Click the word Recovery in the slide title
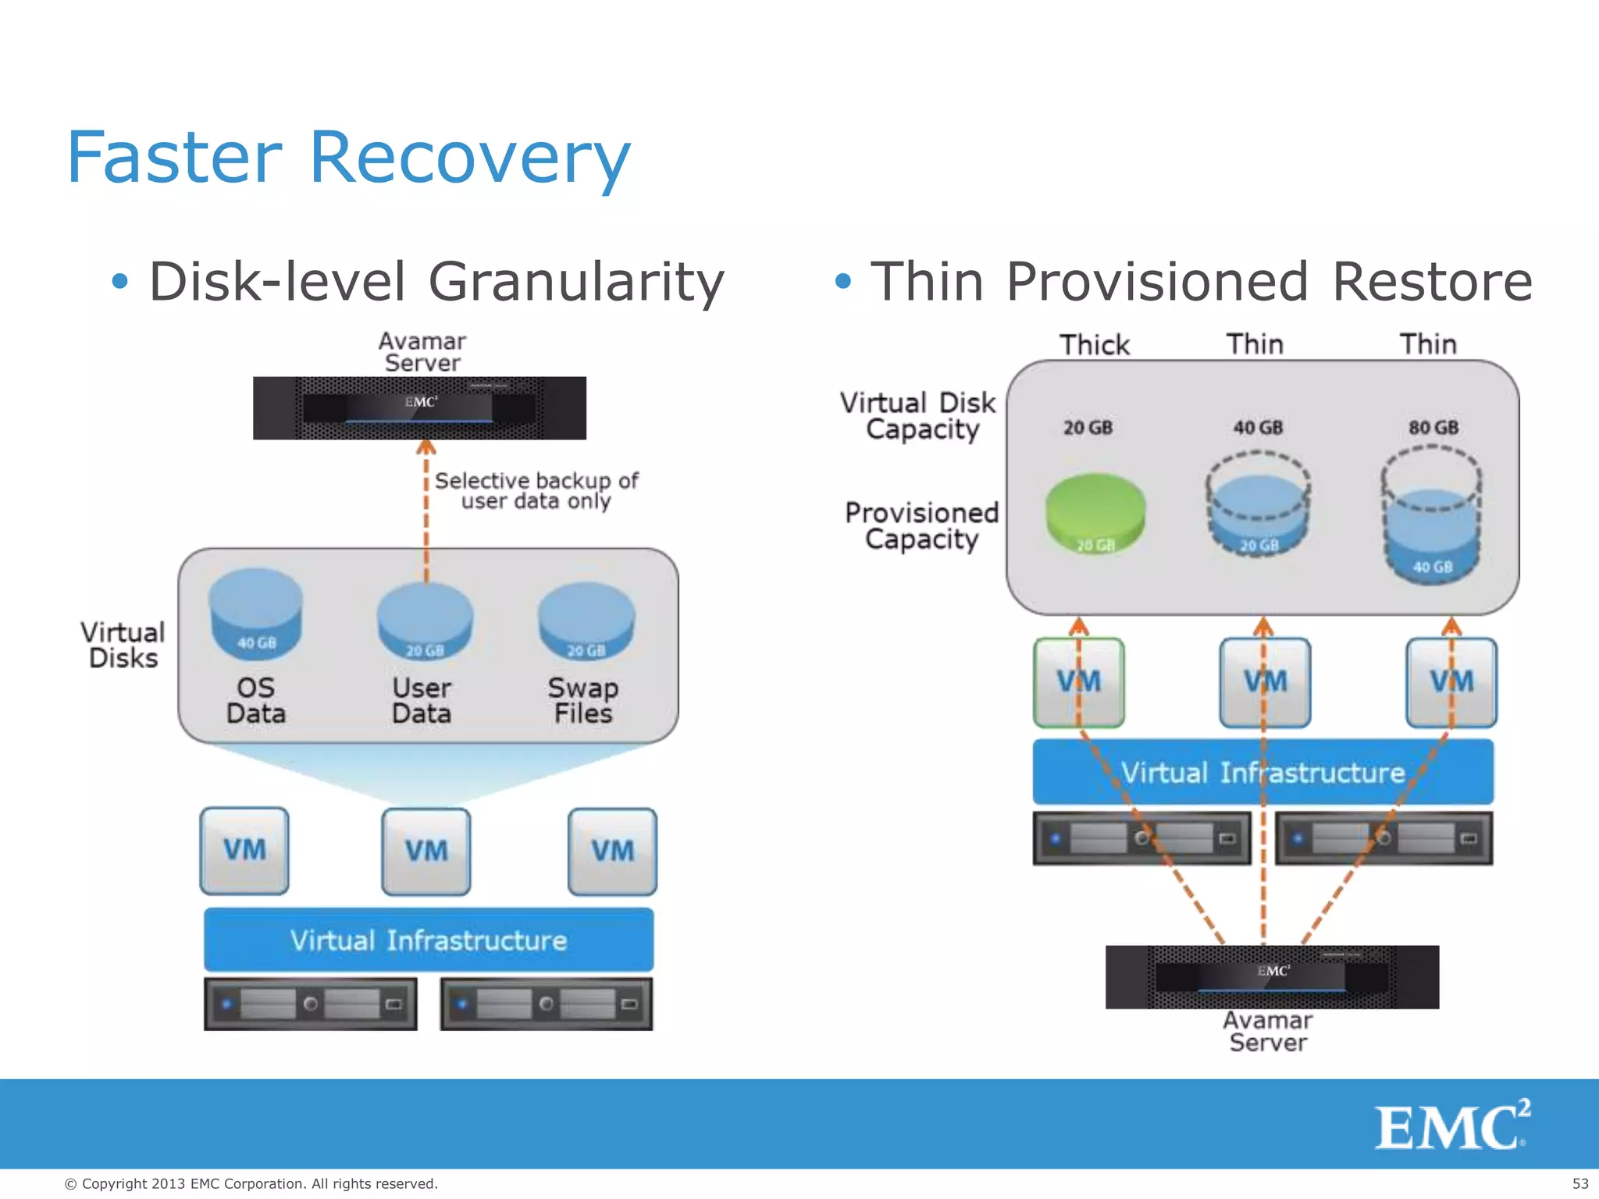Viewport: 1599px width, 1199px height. point(469,158)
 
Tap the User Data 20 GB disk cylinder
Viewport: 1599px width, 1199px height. point(425,623)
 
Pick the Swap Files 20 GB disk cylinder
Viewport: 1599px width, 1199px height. point(586,623)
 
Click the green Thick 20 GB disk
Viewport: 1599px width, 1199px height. point(1095,512)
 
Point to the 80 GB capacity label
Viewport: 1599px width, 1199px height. point(1433,428)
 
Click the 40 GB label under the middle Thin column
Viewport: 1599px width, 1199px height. point(1258,428)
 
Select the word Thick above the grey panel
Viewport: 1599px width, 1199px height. point(1094,345)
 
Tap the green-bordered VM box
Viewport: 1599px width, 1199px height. point(1079,682)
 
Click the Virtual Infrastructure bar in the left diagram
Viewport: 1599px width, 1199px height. point(429,940)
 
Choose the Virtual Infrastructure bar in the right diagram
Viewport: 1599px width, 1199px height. point(1262,772)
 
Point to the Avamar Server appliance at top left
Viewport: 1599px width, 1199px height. point(419,408)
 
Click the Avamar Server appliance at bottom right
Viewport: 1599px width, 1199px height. point(1272,977)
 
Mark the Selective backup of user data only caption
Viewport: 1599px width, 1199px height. point(536,490)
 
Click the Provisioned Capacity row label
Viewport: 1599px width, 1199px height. point(921,526)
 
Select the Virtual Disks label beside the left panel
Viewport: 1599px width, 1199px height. point(123,645)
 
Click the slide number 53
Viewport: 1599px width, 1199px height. point(1579,1183)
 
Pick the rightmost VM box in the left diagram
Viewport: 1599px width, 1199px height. point(612,851)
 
